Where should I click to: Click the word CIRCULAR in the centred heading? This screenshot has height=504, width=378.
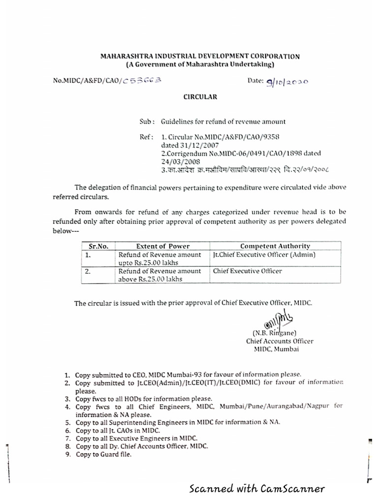(x=200, y=97)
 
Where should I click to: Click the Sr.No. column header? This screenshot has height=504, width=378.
(x=97, y=246)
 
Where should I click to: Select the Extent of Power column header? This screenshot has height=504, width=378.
(x=162, y=246)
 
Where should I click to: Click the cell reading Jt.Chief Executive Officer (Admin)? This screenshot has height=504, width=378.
(x=264, y=254)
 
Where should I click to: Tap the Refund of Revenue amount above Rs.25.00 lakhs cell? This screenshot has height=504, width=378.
(x=159, y=275)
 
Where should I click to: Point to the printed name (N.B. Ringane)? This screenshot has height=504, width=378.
(x=274, y=333)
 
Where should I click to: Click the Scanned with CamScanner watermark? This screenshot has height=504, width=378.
(x=257, y=489)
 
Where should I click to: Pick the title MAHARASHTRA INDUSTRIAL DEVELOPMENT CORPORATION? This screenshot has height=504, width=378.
(x=199, y=57)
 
